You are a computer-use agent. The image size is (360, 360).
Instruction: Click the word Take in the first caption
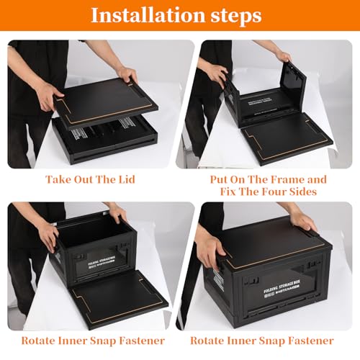[59, 179]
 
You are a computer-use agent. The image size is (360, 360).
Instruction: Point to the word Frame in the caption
[278, 179]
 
